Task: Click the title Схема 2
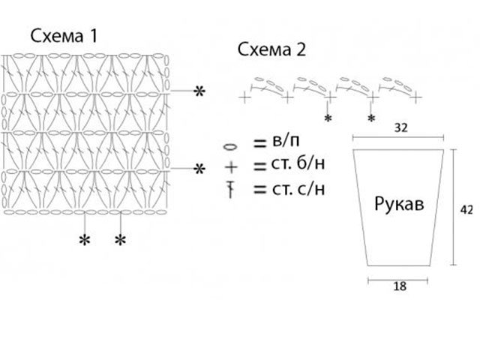click(x=271, y=50)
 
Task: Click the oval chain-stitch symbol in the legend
click(x=231, y=146)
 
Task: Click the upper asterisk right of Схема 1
click(x=199, y=91)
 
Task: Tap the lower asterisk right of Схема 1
click(x=199, y=169)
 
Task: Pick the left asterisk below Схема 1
click(x=85, y=240)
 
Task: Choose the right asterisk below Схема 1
click(x=120, y=240)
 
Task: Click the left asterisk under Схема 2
click(x=328, y=118)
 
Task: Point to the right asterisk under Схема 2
click(x=371, y=118)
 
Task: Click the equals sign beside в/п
click(x=260, y=143)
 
